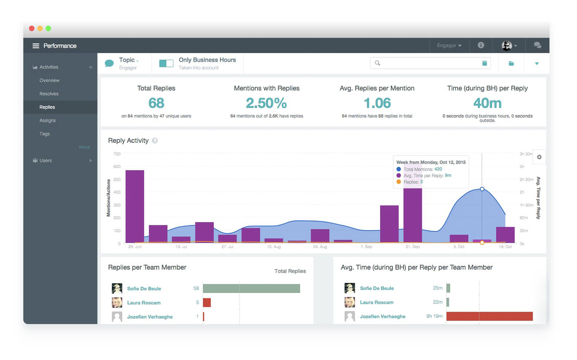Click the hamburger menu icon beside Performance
(36, 46)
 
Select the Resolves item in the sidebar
(49, 94)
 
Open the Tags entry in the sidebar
(45, 134)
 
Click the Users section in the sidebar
(45, 161)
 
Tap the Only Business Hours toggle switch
(166, 63)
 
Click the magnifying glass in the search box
(377, 63)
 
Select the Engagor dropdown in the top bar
(449, 45)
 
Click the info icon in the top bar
(481, 45)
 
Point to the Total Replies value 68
(156, 103)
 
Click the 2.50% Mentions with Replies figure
(266, 103)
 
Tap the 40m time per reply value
(487, 103)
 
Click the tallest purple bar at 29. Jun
(135, 206)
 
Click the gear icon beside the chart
(539, 157)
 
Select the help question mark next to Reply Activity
(155, 141)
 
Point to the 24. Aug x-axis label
(320, 247)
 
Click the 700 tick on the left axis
(117, 154)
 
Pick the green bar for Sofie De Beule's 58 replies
(251, 288)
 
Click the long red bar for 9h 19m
(489, 316)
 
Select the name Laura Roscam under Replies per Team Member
(144, 303)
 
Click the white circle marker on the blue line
(482, 189)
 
